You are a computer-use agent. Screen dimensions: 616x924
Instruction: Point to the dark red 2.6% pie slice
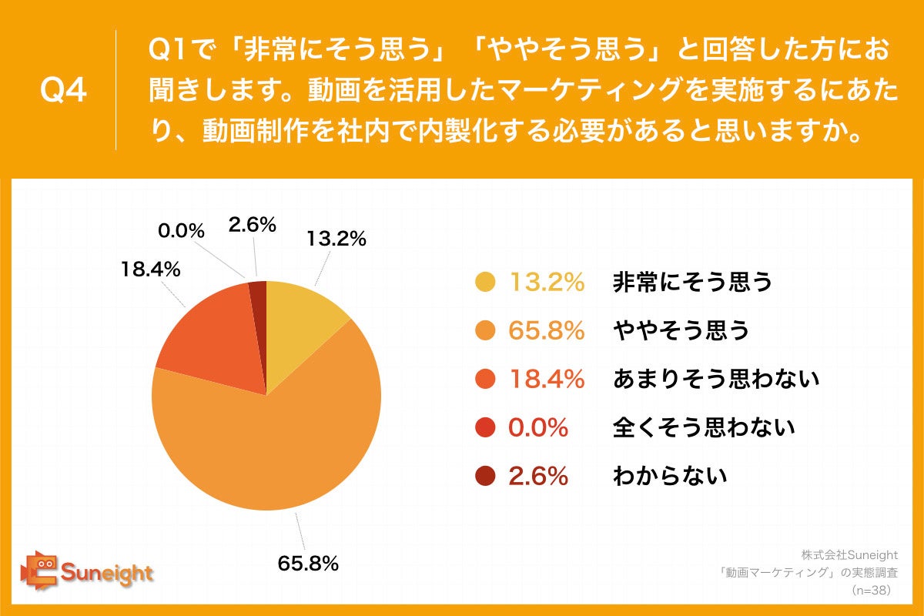coord(259,300)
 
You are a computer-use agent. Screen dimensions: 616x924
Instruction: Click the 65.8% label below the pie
coord(308,564)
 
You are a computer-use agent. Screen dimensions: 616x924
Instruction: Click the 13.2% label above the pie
coord(336,239)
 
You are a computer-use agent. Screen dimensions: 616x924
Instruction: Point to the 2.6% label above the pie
coord(252,224)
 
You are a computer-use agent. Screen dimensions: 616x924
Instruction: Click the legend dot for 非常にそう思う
coord(485,283)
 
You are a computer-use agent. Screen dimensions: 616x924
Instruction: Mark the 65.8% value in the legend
coord(546,331)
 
